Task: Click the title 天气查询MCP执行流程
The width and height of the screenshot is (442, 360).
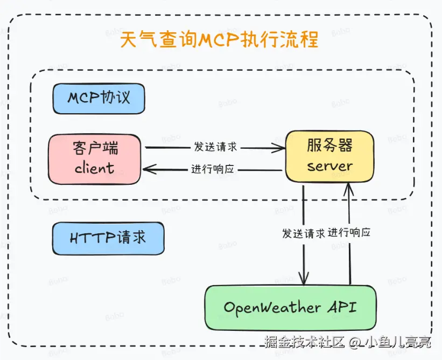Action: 219,40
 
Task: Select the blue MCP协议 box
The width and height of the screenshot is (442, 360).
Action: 99,98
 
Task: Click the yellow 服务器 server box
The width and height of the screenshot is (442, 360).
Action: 329,156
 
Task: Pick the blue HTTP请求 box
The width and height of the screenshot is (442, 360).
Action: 108,238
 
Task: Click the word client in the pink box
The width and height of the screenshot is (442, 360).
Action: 94,168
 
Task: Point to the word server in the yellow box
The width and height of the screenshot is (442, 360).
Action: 329,166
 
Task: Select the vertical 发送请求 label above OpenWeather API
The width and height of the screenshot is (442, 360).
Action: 303,233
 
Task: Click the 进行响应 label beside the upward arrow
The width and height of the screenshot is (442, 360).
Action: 349,233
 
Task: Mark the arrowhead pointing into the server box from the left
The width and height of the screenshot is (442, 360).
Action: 282,147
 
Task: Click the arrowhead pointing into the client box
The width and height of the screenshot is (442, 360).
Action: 147,170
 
